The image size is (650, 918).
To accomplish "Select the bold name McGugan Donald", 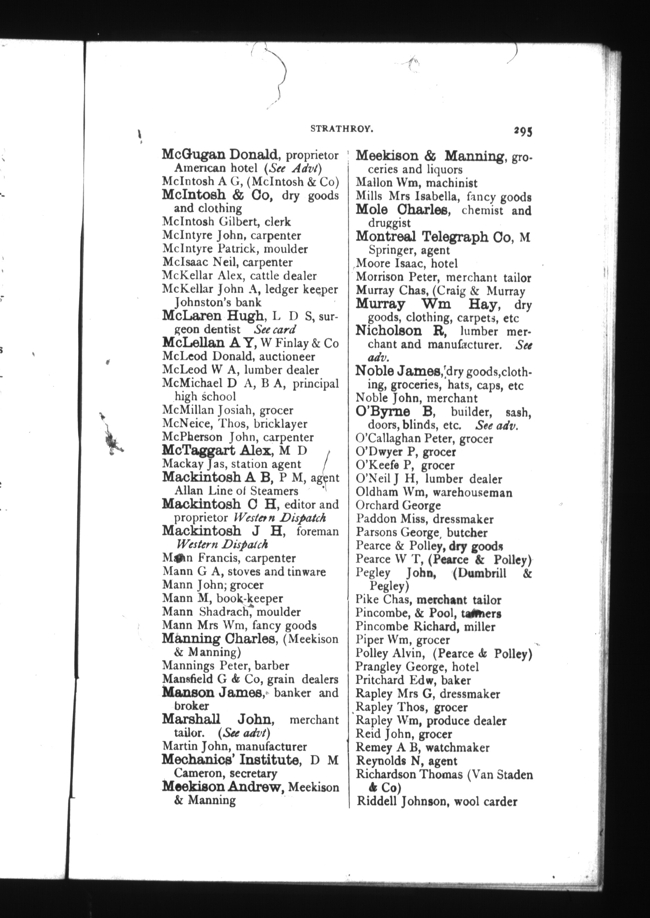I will point(219,155).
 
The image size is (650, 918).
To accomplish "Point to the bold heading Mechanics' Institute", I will point(231,760).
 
